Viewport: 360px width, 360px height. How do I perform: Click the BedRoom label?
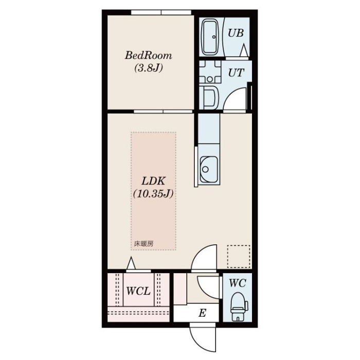pos(148,56)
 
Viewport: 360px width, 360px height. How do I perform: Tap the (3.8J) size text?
pos(149,68)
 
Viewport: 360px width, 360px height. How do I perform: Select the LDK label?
pos(153,182)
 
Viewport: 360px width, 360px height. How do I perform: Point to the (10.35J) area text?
pos(153,194)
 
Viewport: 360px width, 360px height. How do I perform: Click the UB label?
pos(236,33)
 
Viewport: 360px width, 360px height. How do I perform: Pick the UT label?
pos(236,73)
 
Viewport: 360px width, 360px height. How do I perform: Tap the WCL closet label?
pos(138,291)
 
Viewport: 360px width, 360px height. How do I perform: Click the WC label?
pos(238,283)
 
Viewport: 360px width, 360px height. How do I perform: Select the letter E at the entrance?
pos(202,313)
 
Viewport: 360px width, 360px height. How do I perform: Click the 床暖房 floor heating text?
pos(143,244)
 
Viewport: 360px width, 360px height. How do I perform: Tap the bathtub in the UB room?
pos(210,38)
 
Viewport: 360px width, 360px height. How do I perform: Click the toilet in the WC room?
pos(239,307)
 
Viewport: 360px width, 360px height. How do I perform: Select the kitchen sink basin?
pos(209,169)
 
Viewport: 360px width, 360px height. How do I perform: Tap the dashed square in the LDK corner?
pos(239,257)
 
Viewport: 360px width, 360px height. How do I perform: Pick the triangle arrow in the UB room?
pos(244,50)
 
